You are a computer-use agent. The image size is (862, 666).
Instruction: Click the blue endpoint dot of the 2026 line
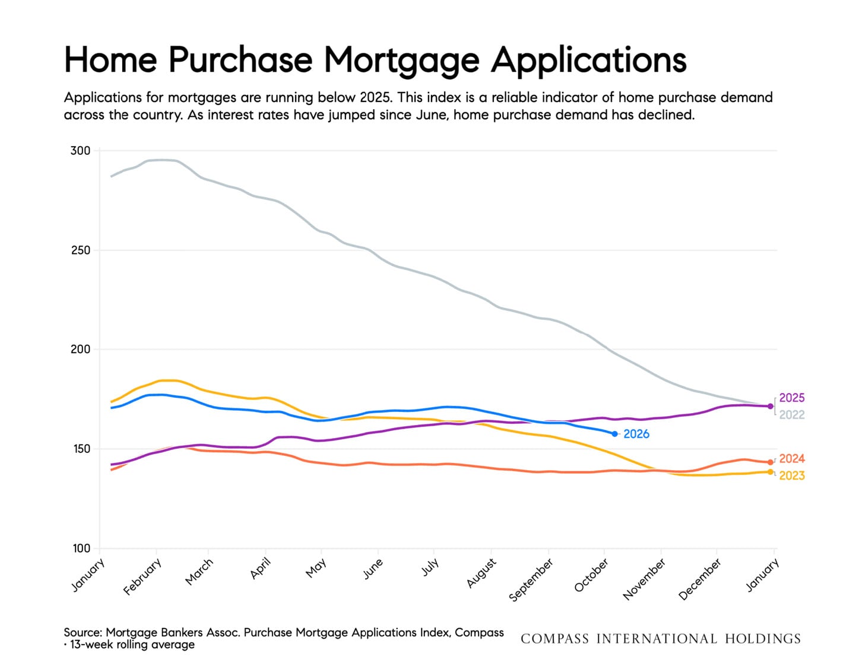(x=614, y=434)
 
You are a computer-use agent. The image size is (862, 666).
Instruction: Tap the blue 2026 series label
(x=636, y=434)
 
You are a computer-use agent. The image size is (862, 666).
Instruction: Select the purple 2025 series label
(x=792, y=398)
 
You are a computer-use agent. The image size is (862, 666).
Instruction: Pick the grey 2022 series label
(x=792, y=415)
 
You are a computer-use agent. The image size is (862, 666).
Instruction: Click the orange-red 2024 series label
(x=792, y=459)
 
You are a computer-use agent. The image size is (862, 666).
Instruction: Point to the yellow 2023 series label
(x=792, y=475)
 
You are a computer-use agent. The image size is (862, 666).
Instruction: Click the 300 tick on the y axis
(x=80, y=151)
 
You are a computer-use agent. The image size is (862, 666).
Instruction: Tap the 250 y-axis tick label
(x=81, y=250)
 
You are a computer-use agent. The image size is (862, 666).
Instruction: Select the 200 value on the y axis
(x=81, y=350)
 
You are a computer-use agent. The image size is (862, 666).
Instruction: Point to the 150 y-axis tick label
(x=81, y=449)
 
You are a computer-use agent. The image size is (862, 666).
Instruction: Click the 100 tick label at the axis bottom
(x=82, y=548)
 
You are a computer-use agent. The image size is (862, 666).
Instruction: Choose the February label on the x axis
(x=142, y=577)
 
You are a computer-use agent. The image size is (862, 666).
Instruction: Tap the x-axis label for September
(x=531, y=579)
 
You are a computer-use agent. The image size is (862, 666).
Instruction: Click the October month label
(x=591, y=575)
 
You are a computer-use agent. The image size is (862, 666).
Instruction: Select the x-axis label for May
(x=316, y=567)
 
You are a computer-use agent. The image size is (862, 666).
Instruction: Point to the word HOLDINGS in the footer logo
(x=763, y=639)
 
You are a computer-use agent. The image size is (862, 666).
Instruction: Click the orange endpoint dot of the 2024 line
(x=771, y=462)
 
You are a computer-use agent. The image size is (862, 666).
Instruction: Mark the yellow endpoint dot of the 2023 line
(x=771, y=472)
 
